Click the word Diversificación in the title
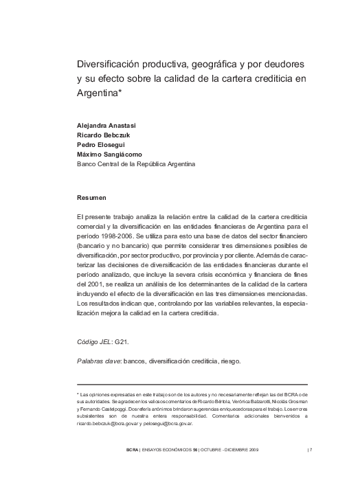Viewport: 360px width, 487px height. pos(109,64)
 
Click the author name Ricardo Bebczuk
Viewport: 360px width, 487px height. pos(104,136)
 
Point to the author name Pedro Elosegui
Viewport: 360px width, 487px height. pos(100,146)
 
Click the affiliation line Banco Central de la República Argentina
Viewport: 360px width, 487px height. pos(137,164)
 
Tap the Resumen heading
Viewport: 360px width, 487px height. pos(91,198)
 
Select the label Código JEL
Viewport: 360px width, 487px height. pos(93,341)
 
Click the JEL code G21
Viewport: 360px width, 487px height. pos(122,341)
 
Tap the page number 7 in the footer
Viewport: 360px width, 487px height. pos(311,450)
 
